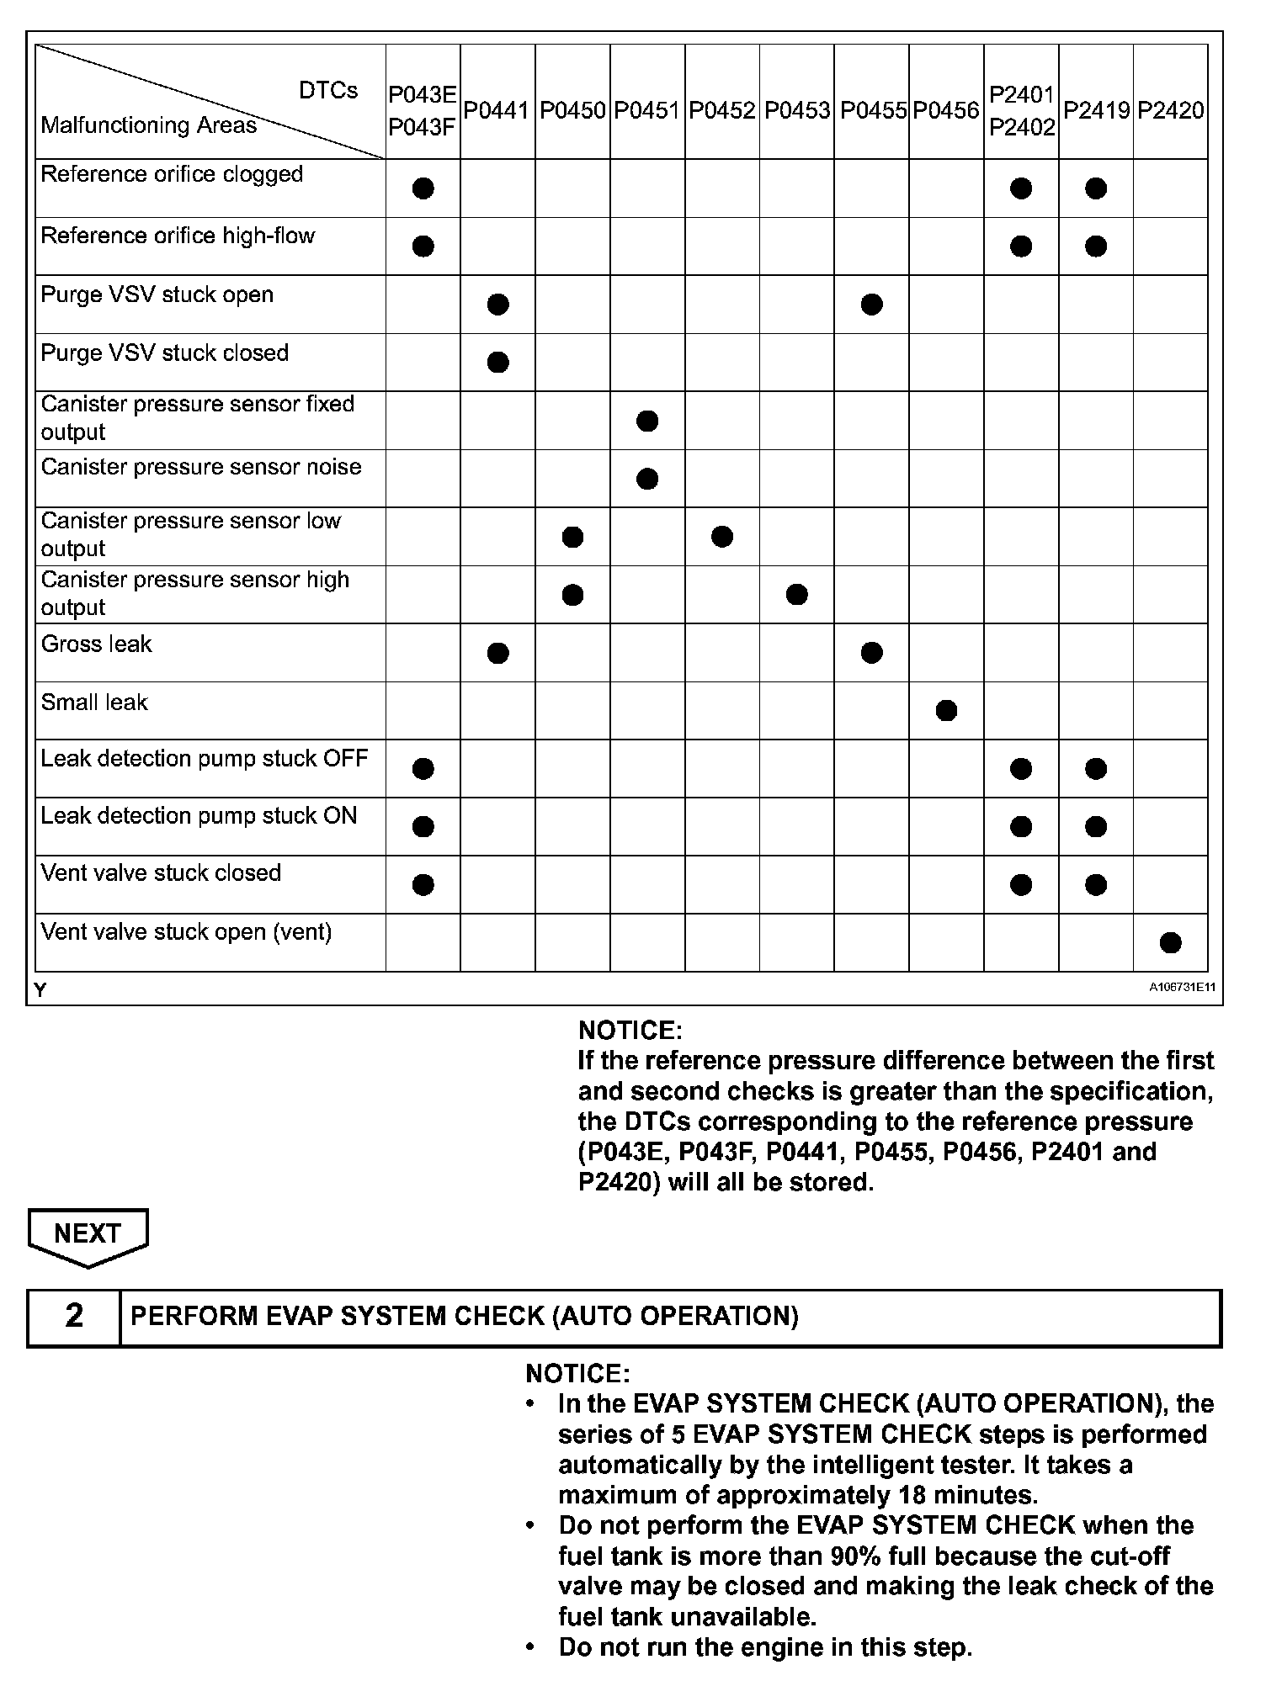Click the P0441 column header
(497, 110)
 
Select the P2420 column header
(1170, 110)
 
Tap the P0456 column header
(946, 110)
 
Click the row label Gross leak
(96, 644)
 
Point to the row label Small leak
(94, 702)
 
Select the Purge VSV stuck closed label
(165, 353)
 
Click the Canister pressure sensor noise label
(201, 467)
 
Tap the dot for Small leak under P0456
(946, 711)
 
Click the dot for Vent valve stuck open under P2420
(1170, 943)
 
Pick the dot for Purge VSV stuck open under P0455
(872, 305)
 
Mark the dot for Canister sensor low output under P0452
(722, 537)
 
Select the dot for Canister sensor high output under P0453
(797, 595)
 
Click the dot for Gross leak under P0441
(498, 653)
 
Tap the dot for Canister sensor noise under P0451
(647, 479)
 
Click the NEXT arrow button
(88, 1235)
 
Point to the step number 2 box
(74, 1318)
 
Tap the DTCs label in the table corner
(328, 91)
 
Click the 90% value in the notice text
(855, 1556)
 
